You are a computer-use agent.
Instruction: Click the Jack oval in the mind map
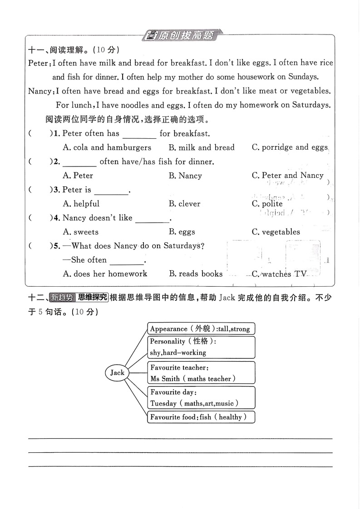tap(117, 372)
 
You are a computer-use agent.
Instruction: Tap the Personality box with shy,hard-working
tap(201, 347)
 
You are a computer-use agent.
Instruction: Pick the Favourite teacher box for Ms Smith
tap(201, 373)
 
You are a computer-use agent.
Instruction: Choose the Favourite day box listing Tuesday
tap(201, 397)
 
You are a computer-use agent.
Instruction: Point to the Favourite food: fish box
tap(201, 417)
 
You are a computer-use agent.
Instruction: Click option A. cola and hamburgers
tap(107, 147)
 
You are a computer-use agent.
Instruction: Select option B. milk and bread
tap(202, 147)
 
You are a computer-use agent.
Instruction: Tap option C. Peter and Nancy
tap(287, 176)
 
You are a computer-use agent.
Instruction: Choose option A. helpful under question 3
tap(81, 204)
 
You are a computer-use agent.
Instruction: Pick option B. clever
tap(184, 204)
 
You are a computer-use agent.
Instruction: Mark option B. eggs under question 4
tap(182, 232)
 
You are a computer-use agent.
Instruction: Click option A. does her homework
tap(105, 274)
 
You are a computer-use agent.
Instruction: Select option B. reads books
tap(196, 274)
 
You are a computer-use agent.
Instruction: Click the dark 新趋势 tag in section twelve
tap(60, 298)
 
